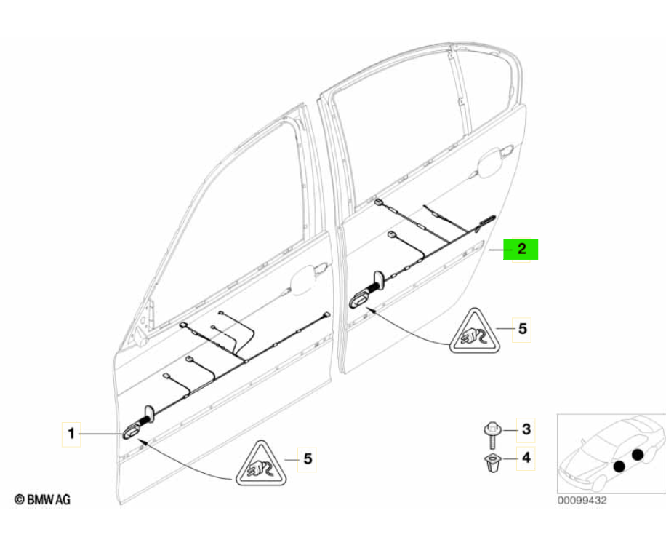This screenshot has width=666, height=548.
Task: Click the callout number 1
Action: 71,434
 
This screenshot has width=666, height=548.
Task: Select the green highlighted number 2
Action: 521,249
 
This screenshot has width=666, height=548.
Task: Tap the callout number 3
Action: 526,429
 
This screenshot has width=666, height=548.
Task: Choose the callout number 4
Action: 526,458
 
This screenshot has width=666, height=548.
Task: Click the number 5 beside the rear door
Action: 522,329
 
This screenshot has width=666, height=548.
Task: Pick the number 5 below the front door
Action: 308,458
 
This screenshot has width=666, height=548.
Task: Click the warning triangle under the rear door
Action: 475,331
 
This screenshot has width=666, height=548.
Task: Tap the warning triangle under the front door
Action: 261,463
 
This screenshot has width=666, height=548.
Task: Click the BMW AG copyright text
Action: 42,499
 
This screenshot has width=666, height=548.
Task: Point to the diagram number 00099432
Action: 582,501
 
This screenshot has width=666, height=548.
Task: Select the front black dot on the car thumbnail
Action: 619,466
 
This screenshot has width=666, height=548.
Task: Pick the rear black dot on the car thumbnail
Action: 638,455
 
